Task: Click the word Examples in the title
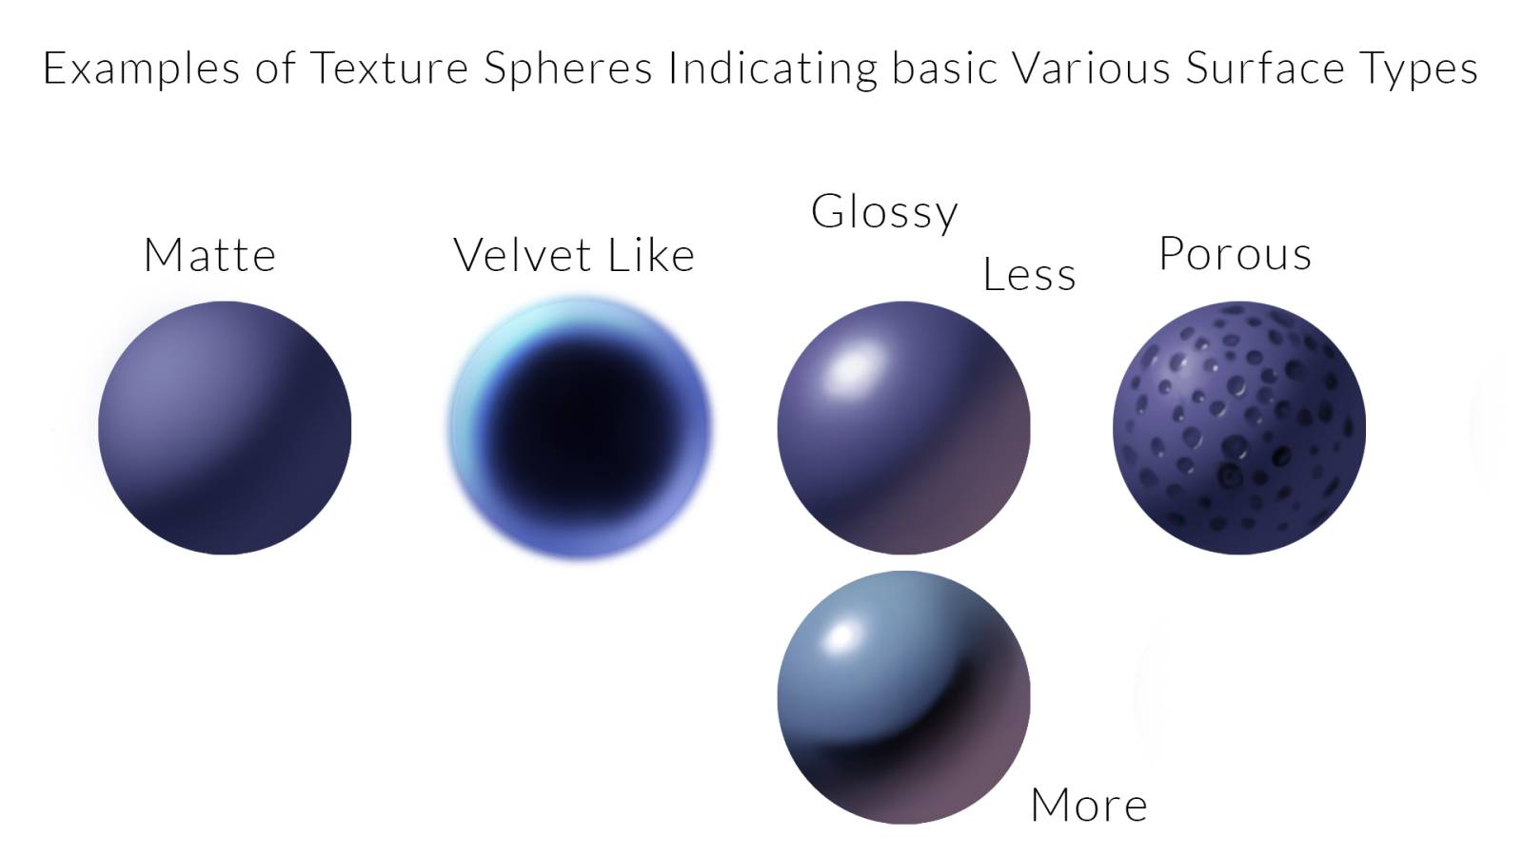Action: pyautogui.click(x=142, y=68)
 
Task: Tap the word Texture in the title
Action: pyautogui.click(x=389, y=68)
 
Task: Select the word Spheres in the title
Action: pyautogui.click(x=567, y=68)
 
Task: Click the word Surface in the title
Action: pyautogui.click(x=1265, y=68)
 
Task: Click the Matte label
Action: pyautogui.click(x=209, y=255)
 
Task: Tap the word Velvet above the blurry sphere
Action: pyautogui.click(x=523, y=255)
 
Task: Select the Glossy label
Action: pyautogui.click(x=884, y=213)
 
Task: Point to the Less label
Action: pyautogui.click(x=1029, y=274)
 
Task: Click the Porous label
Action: pyautogui.click(x=1235, y=254)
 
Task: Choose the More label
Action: pyautogui.click(x=1089, y=805)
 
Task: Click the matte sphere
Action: pyautogui.click(x=225, y=428)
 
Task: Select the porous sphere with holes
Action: pyautogui.click(x=1238, y=428)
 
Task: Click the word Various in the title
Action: pyautogui.click(x=1091, y=68)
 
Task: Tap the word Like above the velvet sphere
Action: pyautogui.click(x=651, y=255)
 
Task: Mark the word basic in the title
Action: pyautogui.click(x=943, y=68)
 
